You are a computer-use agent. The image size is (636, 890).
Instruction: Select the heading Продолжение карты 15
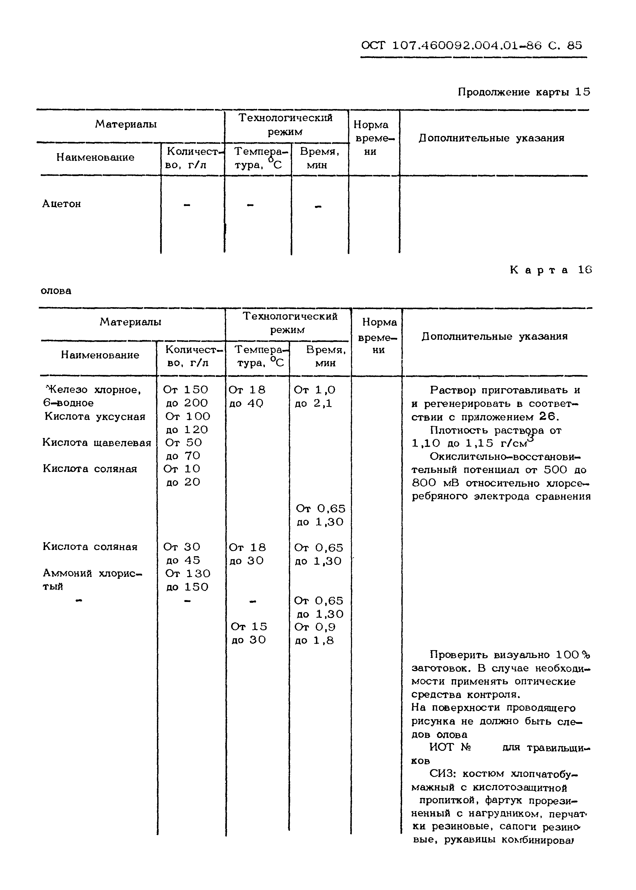tap(523, 92)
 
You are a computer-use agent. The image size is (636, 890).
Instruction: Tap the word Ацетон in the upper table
tap(61, 204)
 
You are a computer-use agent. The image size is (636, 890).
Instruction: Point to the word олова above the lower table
tap(56, 291)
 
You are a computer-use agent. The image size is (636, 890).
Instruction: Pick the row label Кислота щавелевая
tap(97, 443)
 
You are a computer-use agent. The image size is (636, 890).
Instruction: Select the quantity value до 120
tap(187, 430)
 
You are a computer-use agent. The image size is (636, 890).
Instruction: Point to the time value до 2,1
tap(313, 404)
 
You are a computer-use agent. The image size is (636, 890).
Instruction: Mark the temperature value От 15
tap(249, 627)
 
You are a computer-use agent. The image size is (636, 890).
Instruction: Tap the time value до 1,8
tap(314, 640)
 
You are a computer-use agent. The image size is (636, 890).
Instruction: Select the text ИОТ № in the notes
tap(449, 747)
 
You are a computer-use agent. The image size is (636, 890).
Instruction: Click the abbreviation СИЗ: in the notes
tap(442, 774)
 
